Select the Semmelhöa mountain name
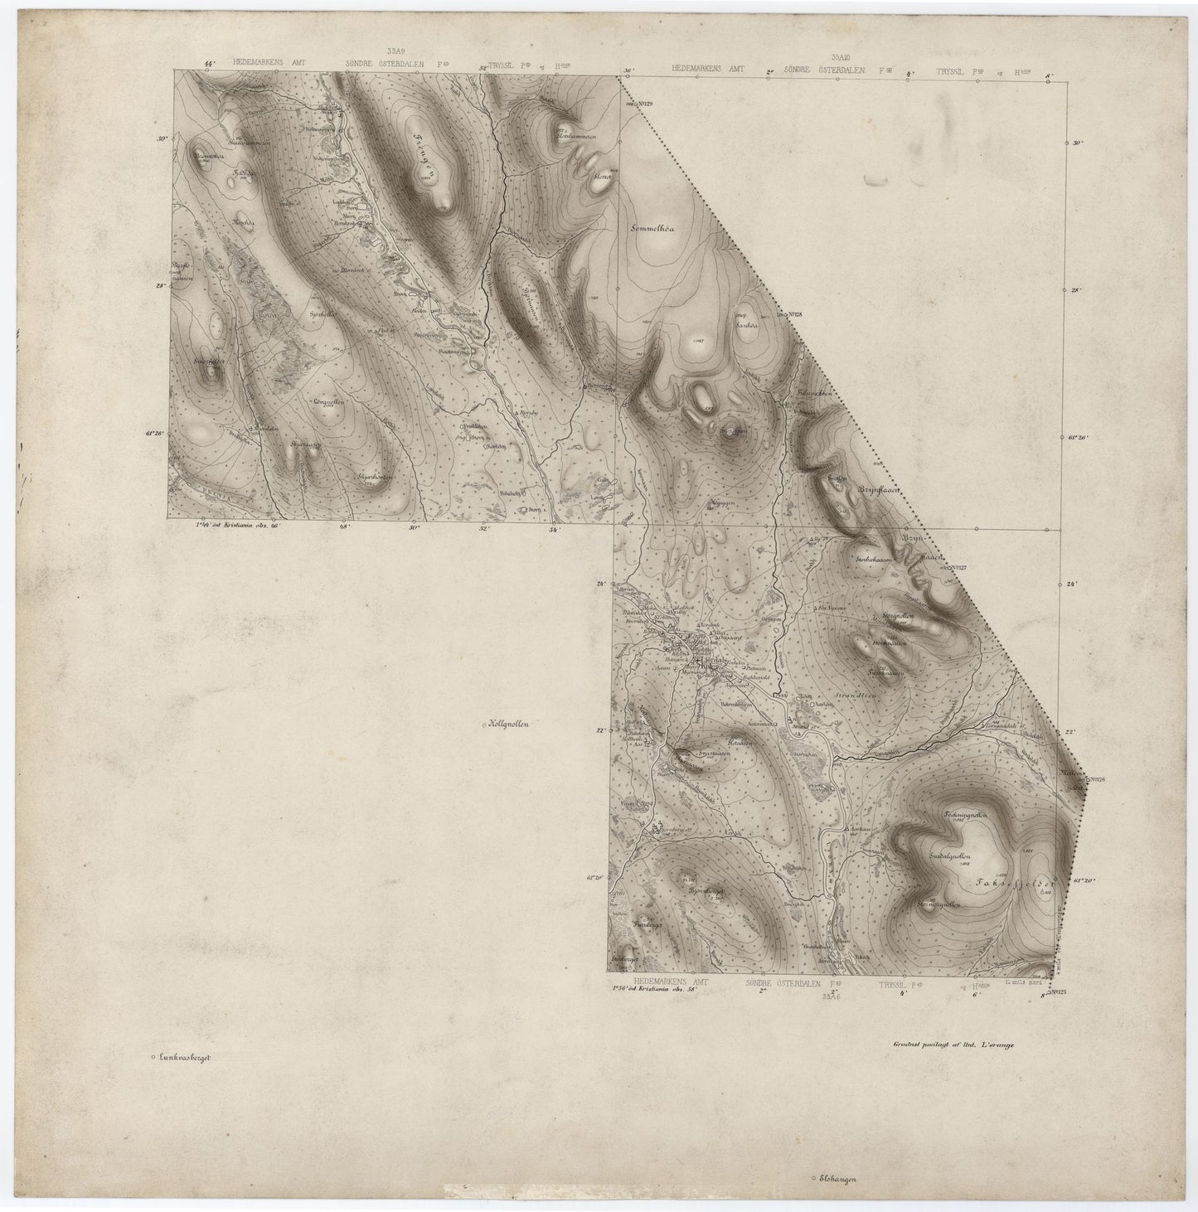tap(661, 225)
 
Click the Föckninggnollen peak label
tap(964, 816)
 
